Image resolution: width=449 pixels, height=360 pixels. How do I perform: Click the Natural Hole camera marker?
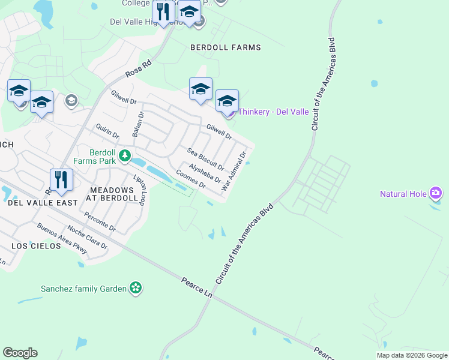[x=436, y=193]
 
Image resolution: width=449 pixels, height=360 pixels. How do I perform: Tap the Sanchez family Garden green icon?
[x=136, y=288]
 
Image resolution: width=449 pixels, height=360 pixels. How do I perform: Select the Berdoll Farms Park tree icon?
[x=124, y=156]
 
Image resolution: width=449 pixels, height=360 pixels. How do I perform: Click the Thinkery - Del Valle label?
[x=273, y=112]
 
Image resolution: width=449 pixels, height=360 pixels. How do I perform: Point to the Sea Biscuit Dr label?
[x=205, y=158]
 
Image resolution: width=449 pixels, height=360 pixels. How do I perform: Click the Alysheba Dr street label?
[x=205, y=173]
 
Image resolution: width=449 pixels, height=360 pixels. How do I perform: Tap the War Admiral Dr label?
[x=234, y=171]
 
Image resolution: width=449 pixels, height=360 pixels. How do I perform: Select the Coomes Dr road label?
[x=191, y=179]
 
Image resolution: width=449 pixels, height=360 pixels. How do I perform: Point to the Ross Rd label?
[x=139, y=68]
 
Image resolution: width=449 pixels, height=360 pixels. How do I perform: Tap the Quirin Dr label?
[x=107, y=131]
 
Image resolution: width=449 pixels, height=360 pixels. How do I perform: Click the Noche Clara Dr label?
[x=87, y=236]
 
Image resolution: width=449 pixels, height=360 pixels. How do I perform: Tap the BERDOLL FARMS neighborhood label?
[x=226, y=47]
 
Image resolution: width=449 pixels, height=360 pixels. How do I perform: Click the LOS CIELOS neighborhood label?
[x=36, y=246]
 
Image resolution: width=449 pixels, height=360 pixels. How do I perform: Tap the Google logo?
[x=20, y=353]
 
